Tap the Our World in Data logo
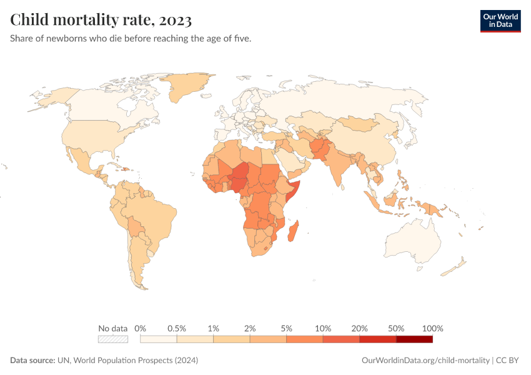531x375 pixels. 500,21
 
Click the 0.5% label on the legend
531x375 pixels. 177,328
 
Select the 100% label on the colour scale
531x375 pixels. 432,328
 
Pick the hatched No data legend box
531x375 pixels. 113,339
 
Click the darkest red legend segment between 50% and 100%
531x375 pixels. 414,339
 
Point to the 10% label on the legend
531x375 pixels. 323,328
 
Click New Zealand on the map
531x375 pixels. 456,266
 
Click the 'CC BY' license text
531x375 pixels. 508,361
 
